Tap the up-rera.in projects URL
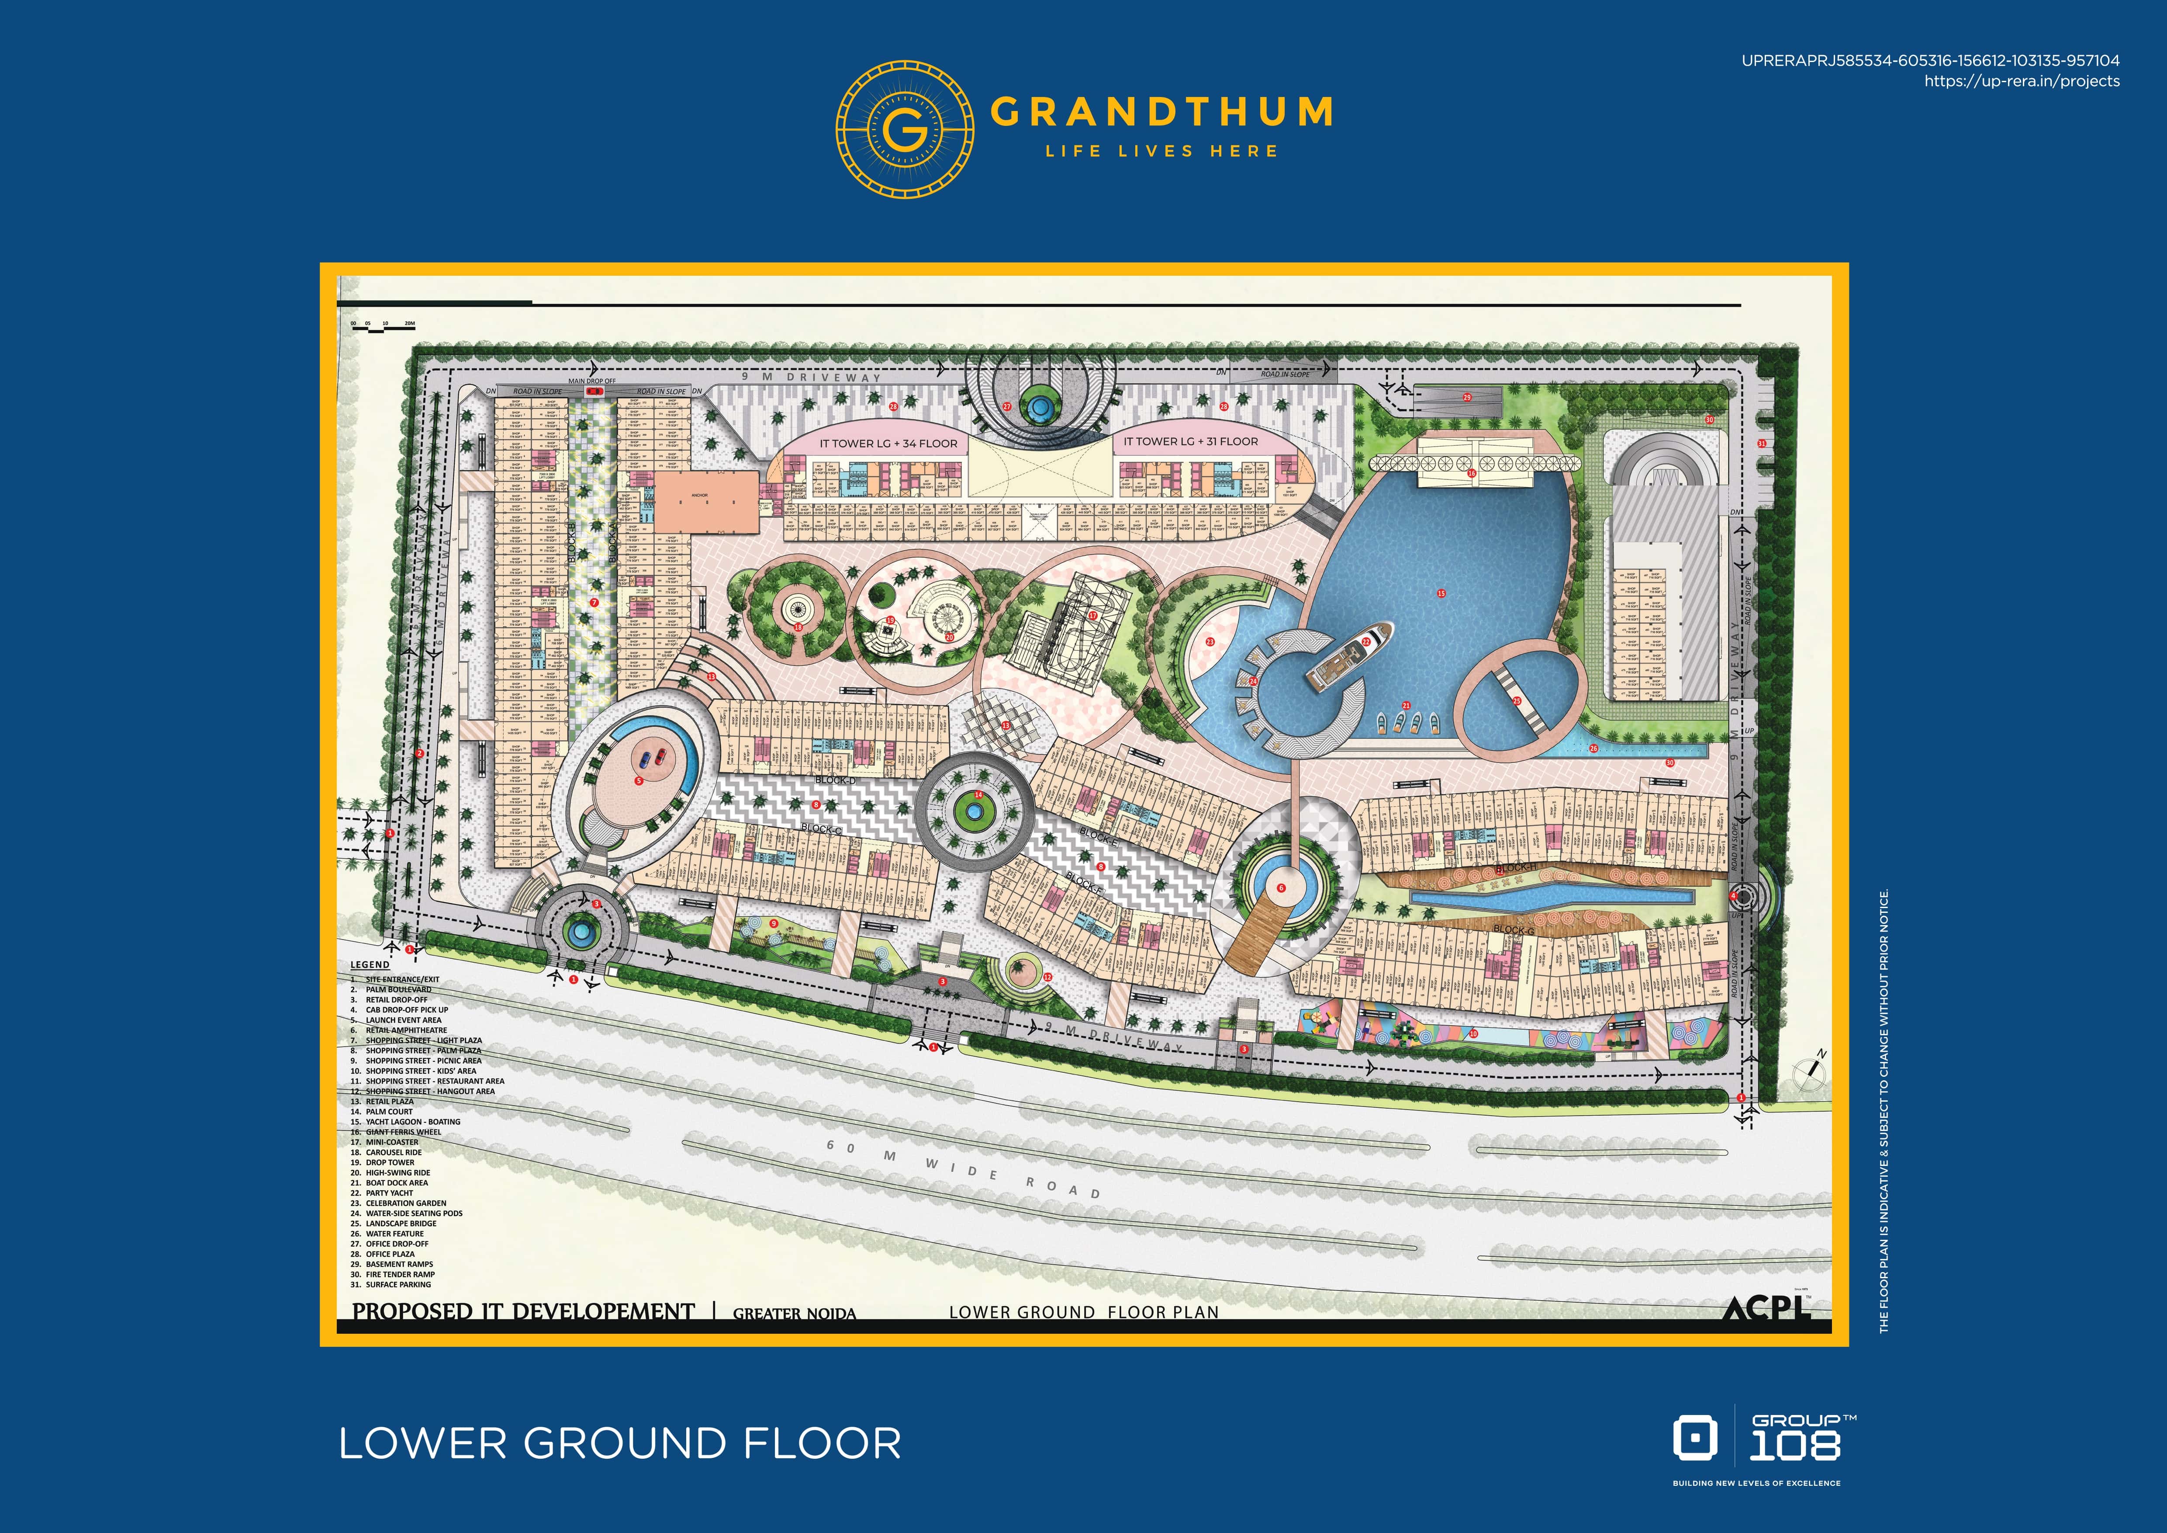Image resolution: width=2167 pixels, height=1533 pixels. tap(2022, 81)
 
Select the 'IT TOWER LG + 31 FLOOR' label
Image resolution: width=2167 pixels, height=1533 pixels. tap(1190, 441)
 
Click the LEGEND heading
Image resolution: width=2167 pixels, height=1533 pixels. tap(370, 965)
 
